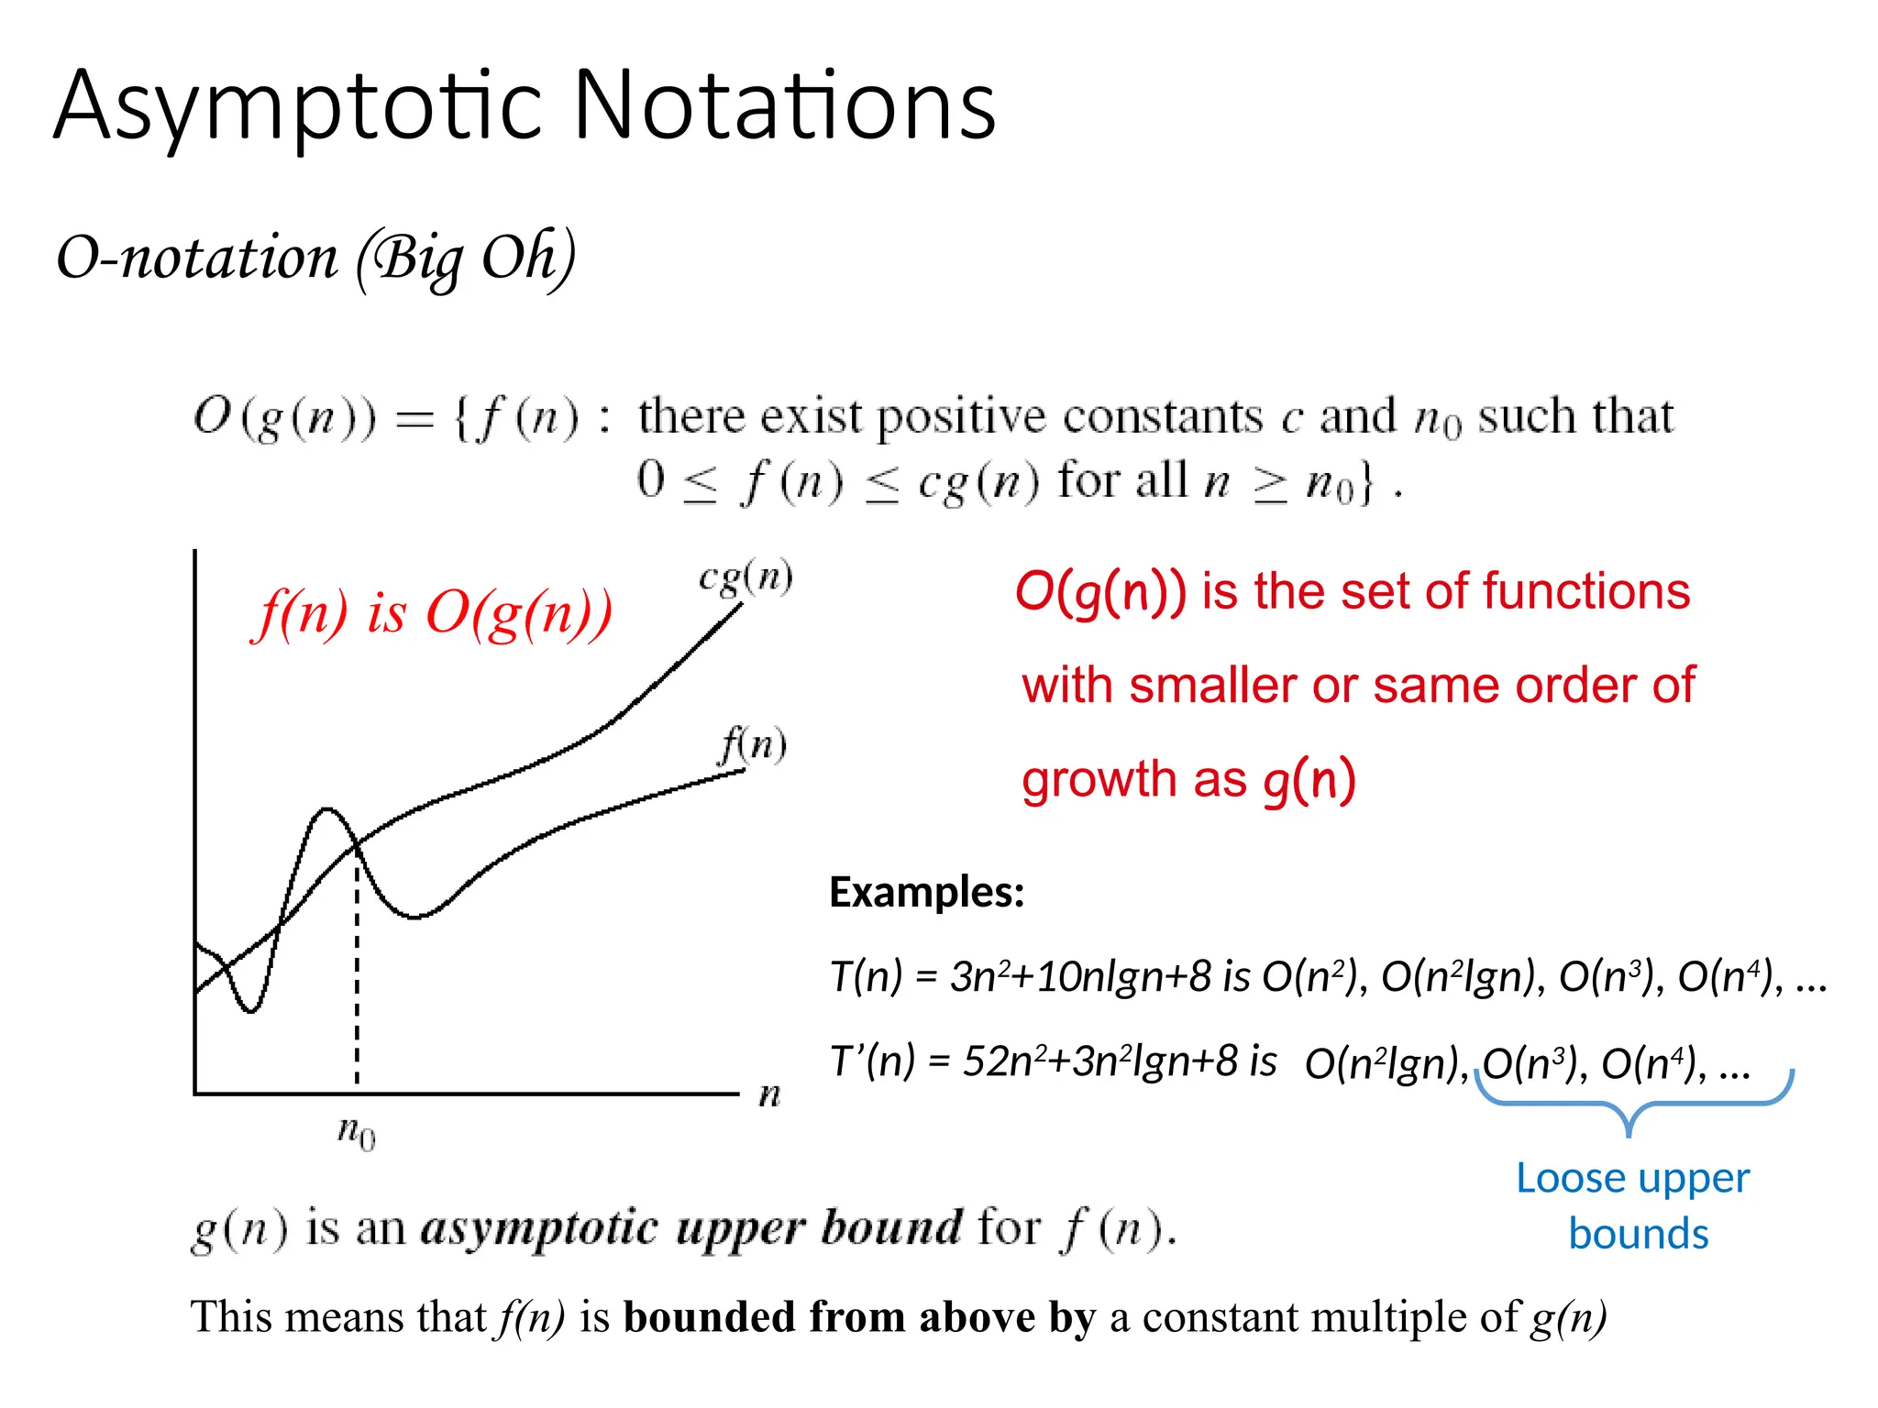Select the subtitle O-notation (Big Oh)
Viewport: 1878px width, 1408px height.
[x=315, y=258]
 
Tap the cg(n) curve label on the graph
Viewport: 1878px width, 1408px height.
[x=746, y=577]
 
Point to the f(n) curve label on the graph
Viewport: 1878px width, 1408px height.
[x=753, y=743]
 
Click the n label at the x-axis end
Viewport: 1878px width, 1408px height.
[x=769, y=1094]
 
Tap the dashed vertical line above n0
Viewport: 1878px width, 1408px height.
[x=357, y=990]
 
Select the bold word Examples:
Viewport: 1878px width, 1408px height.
[x=926, y=892]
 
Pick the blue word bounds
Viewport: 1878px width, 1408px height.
[x=1638, y=1235]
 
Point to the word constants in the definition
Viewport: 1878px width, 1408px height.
[x=1162, y=418]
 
